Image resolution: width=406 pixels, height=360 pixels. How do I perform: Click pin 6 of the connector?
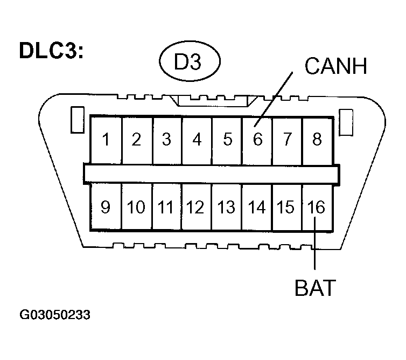click(257, 140)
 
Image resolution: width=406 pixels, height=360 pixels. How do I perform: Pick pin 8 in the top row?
click(317, 140)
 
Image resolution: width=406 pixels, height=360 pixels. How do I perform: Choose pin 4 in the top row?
click(197, 140)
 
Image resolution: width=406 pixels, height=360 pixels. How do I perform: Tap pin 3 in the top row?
click(166, 140)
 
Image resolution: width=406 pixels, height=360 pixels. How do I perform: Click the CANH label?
click(335, 67)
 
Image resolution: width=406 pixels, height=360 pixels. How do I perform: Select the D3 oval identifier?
click(188, 64)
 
